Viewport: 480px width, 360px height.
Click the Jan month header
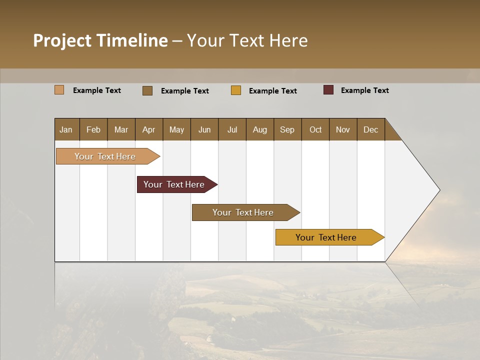pyautogui.click(x=66, y=129)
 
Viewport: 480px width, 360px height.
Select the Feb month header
pyautogui.click(x=93, y=129)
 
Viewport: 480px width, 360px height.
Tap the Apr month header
pyautogui.click(x=148, y=129)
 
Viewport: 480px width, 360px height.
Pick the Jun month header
pyautogui.click(x=204, y=129)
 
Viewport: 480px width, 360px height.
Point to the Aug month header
pyautogui.click(x=259, y=129)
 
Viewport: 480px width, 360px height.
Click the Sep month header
pyautogui.click(x=287, y=129)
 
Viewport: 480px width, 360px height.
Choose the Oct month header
pyautogui.click(x=315, y=129)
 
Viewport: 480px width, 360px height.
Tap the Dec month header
pyautogui.click(x=370, y=129)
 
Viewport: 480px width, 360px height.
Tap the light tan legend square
pyautogui.click(x=59, y=90)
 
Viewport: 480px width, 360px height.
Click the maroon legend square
pyautogui.click(x=328, y=90)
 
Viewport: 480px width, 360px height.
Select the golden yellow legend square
pyautogui.click(x=236, y=90)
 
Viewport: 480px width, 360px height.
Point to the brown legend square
pyautogui.click(x=147, y=90)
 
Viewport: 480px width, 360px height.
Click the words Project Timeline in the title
pyautogui.click(x=100, y=40)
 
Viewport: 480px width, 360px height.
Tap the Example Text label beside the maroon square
pyautogui.click(x=364, y=90)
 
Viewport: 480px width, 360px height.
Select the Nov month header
pyautogui.click(x=342, y=129)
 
